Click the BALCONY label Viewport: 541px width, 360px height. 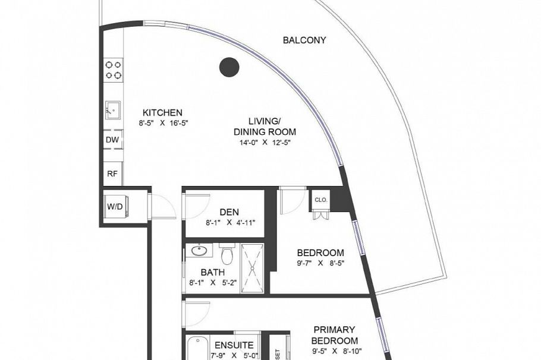(304, 40)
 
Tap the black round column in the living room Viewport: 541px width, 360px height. (229, 67)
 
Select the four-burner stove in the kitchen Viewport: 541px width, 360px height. (114, 70)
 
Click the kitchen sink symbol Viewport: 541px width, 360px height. (113, 110)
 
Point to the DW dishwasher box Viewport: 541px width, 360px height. (112, 140)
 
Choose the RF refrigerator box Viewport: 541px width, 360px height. (112, 173)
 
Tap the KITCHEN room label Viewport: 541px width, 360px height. (162, 112)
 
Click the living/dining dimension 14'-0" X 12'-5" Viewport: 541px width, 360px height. (265, 143)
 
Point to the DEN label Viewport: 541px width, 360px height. (229, 212)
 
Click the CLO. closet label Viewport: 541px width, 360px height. (321, 200)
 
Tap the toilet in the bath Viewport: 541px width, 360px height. (227, 255)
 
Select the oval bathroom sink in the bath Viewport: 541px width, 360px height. (199, 251)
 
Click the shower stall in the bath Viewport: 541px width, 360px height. (252, 267)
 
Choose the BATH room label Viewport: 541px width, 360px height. (212, 272)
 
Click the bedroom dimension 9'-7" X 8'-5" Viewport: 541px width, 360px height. (322, 263)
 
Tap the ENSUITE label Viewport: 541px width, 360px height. (234, 345)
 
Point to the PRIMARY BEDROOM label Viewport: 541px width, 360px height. (334, 335)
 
